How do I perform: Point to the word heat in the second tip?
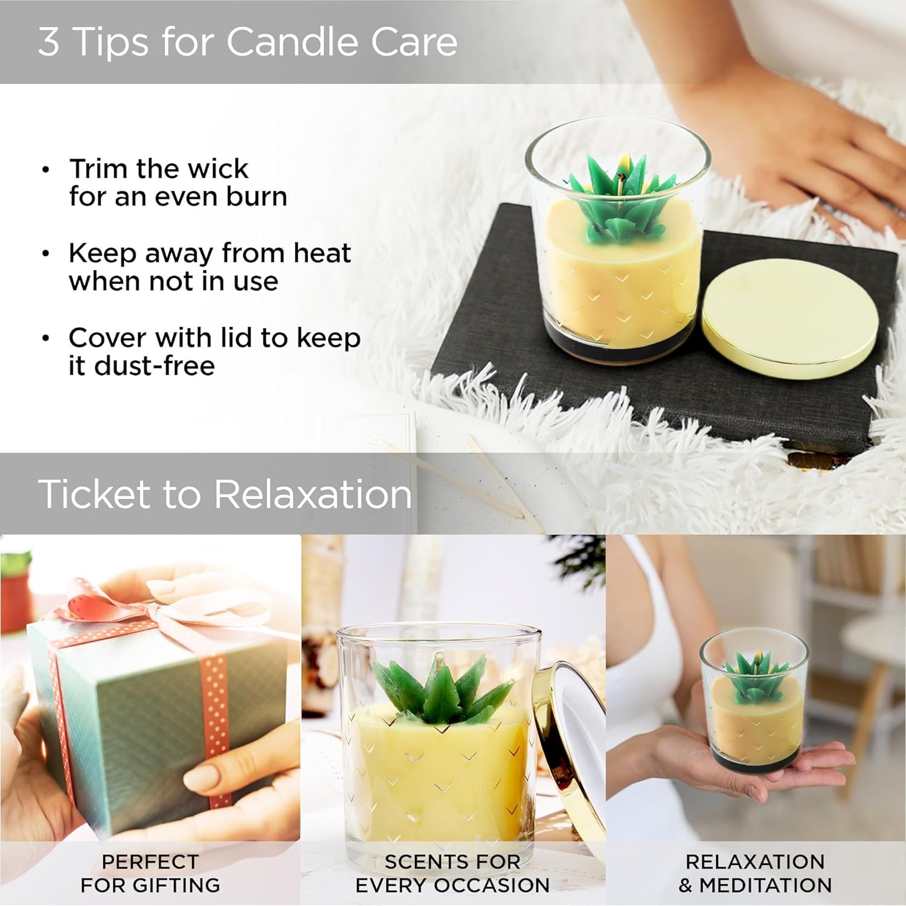(x=322, y=252)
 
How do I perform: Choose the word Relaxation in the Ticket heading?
(x=313, y=493)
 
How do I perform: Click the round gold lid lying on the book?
(x=790, y=318)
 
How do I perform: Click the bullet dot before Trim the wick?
(x=46, y=169)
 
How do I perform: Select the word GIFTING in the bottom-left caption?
(x=176, y=885)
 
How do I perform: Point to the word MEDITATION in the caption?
(x=765, y=885)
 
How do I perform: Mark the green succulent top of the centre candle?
(x=443, y=689)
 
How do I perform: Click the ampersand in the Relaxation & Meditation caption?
(x=686, y=885)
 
